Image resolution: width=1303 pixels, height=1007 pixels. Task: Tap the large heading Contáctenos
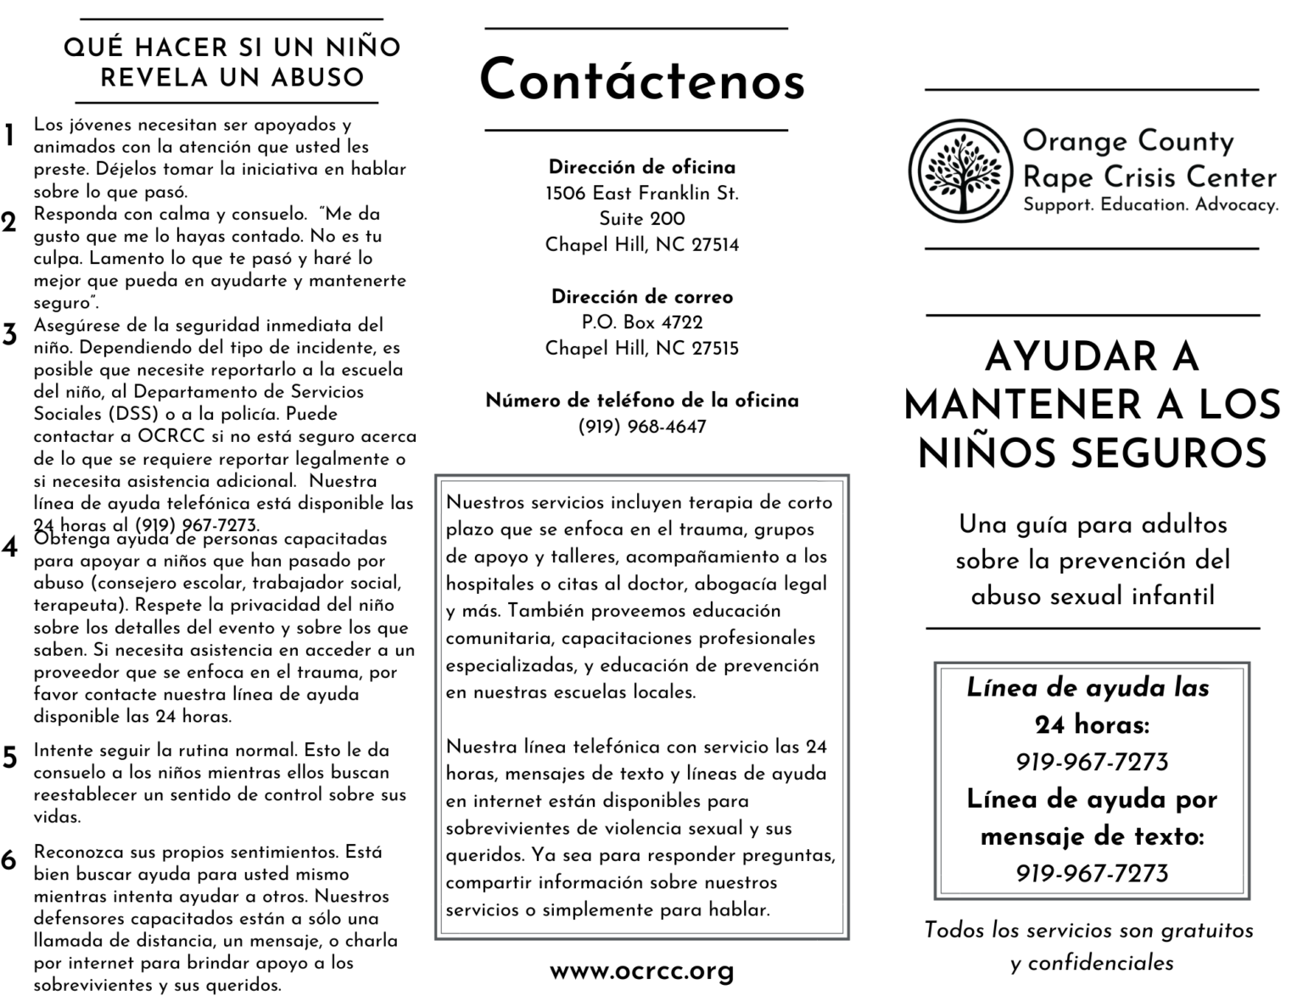641,81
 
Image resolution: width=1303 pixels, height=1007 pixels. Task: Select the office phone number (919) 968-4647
641,427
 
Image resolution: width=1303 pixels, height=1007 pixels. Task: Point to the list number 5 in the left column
9,757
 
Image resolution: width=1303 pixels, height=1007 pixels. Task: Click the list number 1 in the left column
9,136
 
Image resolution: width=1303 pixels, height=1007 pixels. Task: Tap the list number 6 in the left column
9,860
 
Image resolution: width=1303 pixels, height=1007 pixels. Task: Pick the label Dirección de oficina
641,167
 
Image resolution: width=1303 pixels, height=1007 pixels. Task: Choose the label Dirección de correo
641,297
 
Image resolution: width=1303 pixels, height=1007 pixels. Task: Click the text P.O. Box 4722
641,322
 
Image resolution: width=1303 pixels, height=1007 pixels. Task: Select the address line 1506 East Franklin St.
641,193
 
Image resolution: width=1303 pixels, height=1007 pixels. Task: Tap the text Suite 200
641,219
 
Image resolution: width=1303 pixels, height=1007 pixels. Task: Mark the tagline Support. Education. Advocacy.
1150,204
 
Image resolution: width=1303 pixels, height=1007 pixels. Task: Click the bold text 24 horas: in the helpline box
1092,725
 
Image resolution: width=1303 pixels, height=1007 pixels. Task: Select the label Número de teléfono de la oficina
641,400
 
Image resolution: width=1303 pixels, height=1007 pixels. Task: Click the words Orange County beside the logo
1127,141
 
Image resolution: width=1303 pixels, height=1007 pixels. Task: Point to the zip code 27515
715,349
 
